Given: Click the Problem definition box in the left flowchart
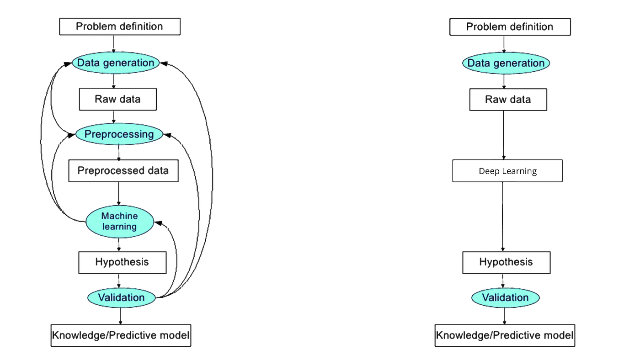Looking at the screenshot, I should pos(120,26).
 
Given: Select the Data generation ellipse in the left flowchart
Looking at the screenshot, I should pos(116,63).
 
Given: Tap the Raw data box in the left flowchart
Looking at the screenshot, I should pos(118,100).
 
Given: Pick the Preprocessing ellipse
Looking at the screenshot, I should pos(119,134).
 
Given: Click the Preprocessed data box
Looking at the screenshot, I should pos(123,171).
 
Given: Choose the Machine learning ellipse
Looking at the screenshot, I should pos(119,221).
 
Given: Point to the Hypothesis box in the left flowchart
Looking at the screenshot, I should pos(122,262).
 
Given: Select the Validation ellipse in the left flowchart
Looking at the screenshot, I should pos(122,298).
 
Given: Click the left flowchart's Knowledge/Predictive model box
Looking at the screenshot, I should pos(121,335).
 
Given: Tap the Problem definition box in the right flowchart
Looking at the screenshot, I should pos(510,26).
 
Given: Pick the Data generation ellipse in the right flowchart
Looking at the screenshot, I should pos(506,63).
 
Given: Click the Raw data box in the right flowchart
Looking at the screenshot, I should pos(508,100).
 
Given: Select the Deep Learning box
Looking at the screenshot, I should pos(507,171).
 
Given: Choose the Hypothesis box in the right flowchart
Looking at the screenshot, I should pos(506,262).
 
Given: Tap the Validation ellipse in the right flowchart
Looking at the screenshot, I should pos(506,298).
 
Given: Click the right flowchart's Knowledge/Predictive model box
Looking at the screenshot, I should pos(505,335).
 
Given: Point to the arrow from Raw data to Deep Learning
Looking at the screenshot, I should pos(504,135).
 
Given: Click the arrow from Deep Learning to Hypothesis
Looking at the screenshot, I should pos(503,217).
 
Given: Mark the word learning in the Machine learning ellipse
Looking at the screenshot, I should pos(119,227).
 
